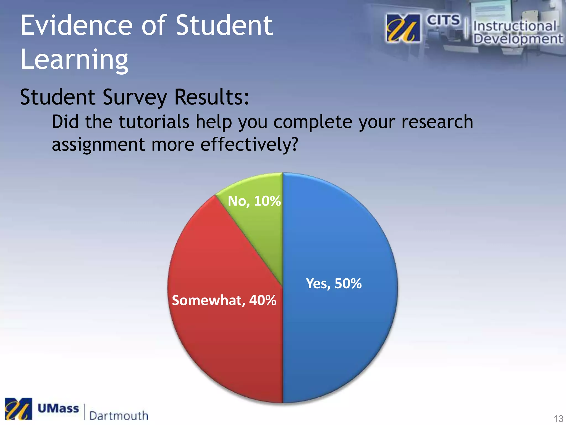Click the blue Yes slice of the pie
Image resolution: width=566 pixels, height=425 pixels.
340,332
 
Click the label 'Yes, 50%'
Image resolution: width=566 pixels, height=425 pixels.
334,283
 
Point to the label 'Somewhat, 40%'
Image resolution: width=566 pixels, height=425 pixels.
224,300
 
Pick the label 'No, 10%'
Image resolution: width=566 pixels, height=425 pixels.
254,201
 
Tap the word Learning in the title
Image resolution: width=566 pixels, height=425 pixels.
74,59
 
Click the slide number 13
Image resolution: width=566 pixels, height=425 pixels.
558,418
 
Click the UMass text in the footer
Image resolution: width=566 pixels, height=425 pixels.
58,409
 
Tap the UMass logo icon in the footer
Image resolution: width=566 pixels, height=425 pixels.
18,409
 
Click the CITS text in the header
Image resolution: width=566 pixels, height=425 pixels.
443,20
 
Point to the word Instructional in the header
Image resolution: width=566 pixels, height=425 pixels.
515,26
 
